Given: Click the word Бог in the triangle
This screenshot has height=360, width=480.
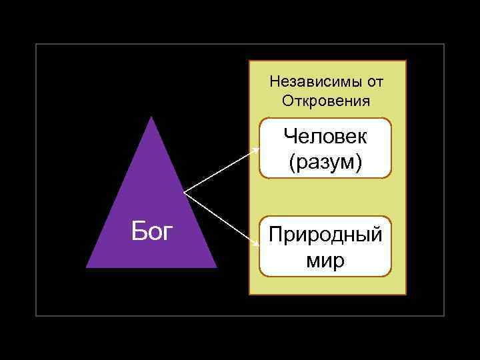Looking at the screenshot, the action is pyautogui.click(x=152, y=232).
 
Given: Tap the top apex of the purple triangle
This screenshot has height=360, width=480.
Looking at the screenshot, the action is pyautogui.click(x=152, y=117).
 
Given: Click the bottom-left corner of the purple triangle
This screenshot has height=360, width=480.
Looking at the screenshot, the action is pyautogui.click(x=87, y=267).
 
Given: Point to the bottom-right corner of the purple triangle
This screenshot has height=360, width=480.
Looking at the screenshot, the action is pyautogui.click(x=217, y=267).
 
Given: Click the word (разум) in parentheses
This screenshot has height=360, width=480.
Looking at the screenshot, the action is pyautogui.click(x=325, y=162).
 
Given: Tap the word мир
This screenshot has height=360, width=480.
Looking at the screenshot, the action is pyautogui.click(x=325, y=259).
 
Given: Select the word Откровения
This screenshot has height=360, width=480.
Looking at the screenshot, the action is pyautogui.click(x=325, y=101).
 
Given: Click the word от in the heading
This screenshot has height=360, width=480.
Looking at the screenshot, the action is pyautogui.click(x=375, y=82).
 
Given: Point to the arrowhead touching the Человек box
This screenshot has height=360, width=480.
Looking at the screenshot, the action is pyautogui.click(x=258, y=149).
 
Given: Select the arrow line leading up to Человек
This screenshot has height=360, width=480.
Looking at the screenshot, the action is pyautogui.click(x=220, y=172).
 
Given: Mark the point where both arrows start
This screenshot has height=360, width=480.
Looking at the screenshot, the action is pyautogui.click(x=184, y=194).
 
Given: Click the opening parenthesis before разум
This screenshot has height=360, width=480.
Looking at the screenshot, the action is pyautogui.click(x=292, y=163).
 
